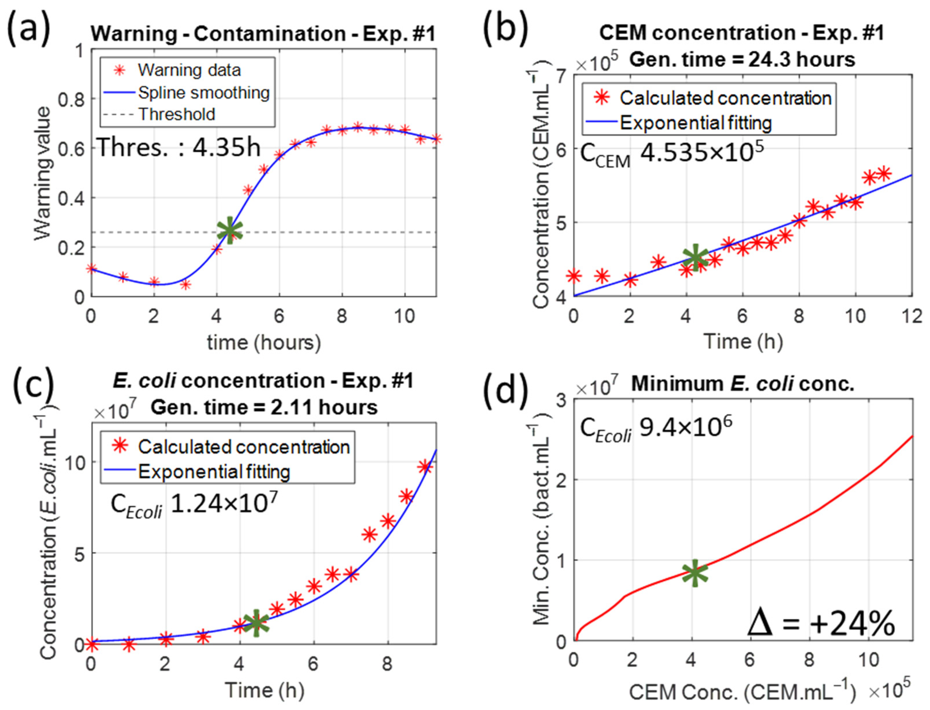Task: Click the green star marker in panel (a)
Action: coord(229,230)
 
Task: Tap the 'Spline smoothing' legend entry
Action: coord(204,93)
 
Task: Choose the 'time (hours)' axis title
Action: coord(264,342)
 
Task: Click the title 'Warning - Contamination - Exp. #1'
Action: coord(263,34)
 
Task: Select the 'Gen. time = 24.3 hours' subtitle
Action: coord(742,59)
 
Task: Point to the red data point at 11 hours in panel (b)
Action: coord(884,174)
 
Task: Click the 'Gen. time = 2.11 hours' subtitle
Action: coord(264,407)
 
